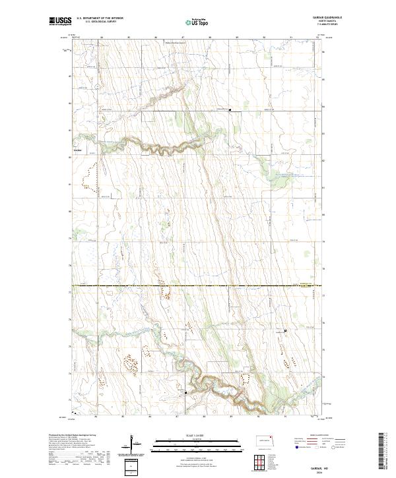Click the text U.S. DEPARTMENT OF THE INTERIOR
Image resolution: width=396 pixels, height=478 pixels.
pos(100,18)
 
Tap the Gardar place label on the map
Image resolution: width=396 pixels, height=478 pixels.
pos(77,150)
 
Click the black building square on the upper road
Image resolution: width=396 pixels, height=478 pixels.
pos(229,110)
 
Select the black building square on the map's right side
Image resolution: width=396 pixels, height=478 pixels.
pos(285,330)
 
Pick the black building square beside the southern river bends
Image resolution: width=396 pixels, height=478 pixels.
pos(186,393)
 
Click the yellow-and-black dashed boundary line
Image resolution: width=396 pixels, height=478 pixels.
pos(198,285)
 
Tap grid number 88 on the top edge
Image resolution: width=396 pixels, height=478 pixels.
pos(209,37)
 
